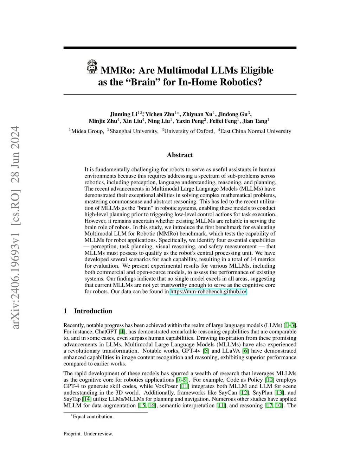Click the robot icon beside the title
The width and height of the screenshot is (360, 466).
[92, 66]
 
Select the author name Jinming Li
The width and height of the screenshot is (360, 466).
[123, 114]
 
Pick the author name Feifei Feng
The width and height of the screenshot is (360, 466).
[223, 121]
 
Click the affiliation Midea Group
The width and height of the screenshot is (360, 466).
[87, 131]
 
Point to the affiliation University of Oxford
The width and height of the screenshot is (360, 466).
[189, 131]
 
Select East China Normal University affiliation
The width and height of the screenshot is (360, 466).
[256, 131]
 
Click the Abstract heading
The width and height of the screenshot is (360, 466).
[180, 155]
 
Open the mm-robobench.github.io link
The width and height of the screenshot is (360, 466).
[209, 292]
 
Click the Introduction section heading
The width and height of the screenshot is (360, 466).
[93, 311]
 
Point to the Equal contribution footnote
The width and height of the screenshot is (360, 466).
[93, 417]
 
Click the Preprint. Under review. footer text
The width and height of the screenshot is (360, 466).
[88, 434]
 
